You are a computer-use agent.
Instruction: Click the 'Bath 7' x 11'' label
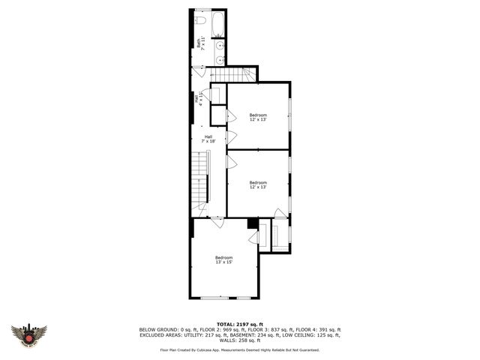click(x=200, y=44)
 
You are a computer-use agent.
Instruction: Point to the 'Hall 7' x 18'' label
click(x=208, y=139)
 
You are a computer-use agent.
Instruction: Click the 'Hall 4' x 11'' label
click(x=198, y=98)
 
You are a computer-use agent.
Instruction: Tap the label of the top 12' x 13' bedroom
click(x=258, y=116)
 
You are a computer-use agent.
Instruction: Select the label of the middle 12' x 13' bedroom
click(x=258, y=184)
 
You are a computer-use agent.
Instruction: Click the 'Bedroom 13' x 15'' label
click(x=224, y=259)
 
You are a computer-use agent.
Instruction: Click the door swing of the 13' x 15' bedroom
click(x=217, y=223)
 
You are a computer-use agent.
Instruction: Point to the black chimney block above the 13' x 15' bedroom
click(x=253, y=223)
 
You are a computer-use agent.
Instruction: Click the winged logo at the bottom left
click(x=28, y=334)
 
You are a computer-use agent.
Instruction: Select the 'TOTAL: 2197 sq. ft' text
click(x=239, y=323)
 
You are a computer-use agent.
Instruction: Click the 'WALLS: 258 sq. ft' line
click(x=239, y=340)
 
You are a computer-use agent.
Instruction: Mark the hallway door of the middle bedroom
click(x=231, y=162)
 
